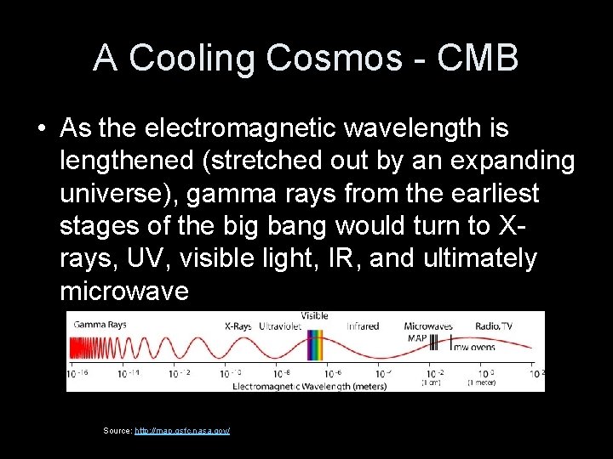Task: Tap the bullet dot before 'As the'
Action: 42,130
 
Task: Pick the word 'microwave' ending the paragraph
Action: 125,292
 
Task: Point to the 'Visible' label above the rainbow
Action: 315,315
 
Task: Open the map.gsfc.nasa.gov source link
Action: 182,431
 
